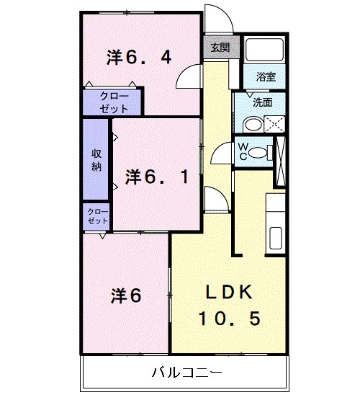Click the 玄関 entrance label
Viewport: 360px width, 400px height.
click(x=220, y=48)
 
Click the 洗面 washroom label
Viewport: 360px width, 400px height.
click(x=262, y=102)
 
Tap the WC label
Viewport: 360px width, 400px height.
click(x=243, y=151)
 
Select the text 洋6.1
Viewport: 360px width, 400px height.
click(x=158, y=176)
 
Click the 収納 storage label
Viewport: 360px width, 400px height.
click(x=96, y=159)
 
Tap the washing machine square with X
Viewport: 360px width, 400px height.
click(x=274, y=124)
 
